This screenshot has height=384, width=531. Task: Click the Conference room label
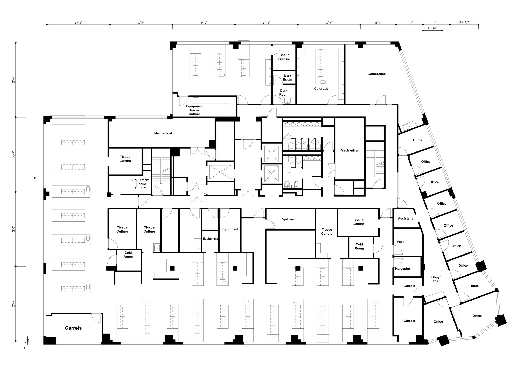tap(376, 74)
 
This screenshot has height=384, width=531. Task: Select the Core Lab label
tap(321, 89)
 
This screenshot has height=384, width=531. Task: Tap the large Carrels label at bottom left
tap(73, 328)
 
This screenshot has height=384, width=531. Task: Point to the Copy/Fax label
tap(436, 279)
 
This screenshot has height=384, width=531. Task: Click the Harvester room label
tap(402, 269)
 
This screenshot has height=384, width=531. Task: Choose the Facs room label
tap(400, 242)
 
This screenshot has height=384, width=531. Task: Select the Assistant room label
tap(405, 218)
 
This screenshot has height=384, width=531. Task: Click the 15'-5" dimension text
tap(378, 23)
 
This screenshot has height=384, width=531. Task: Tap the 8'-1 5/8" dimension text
tap(432, 28)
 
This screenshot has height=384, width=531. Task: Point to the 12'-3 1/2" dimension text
tap(464, 23)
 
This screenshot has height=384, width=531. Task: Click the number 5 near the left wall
tap(35, 178)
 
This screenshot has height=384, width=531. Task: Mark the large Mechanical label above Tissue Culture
tap(163, 133)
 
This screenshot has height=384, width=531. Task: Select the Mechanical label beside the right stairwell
tap(350, 150)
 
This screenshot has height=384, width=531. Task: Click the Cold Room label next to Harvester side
tap(359, 246)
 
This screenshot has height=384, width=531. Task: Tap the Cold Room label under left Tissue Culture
tap(128, 255)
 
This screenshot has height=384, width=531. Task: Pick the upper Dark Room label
tap(287, 78)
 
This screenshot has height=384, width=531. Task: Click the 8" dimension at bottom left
tap(25, 348)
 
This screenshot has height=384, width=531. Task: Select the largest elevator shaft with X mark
tap(220, 172)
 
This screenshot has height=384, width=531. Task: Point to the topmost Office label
tap(417, 140)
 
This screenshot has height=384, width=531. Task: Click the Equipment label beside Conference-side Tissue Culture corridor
tap(289, 219)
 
